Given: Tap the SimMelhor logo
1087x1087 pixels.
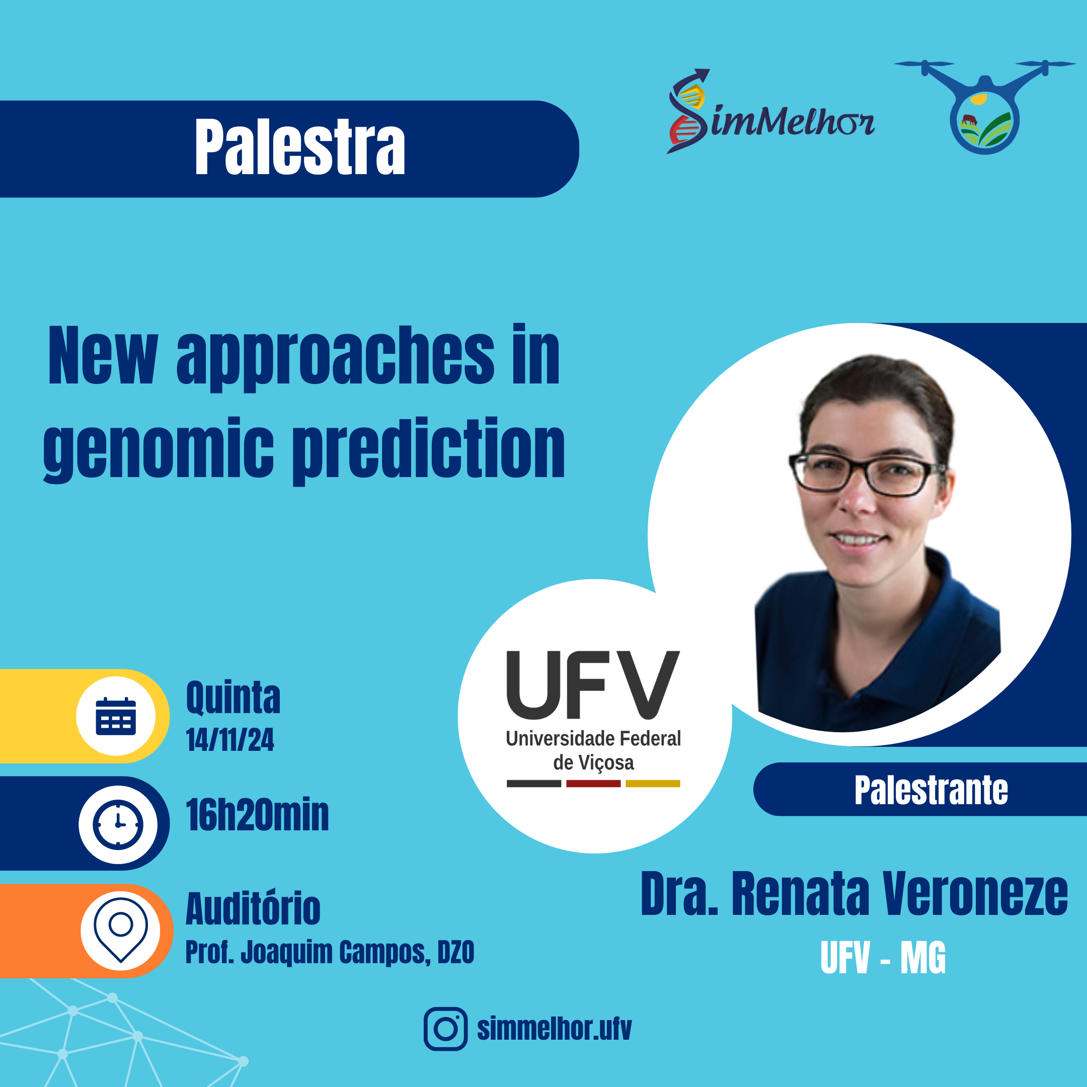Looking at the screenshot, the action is [x=770, y=111].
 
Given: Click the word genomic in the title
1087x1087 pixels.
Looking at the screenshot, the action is [x=159, y=450].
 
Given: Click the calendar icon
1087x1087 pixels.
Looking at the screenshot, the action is [x=116, y=716].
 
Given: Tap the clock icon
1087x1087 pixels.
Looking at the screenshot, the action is [x=118, y=824].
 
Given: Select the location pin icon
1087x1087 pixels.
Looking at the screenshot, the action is [x=120, y=929].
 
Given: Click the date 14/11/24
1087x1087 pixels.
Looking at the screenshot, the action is [x=230, y=740].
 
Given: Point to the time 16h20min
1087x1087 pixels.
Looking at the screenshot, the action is [x=257, y=815].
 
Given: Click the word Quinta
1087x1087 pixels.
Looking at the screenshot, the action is [x=233, y=697].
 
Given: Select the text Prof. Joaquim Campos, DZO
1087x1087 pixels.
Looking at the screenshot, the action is [x=330, y=952].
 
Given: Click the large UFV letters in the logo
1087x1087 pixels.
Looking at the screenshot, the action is [x=593, y=685].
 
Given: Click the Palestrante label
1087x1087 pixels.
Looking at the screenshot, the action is [x=931, y=790].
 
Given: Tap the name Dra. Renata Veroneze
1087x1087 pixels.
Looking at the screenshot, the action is [x=854, y=893].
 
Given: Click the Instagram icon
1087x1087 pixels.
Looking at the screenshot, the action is [x=445, y=1029].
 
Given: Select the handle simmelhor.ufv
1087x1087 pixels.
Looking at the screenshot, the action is [x=554, y=1029].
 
